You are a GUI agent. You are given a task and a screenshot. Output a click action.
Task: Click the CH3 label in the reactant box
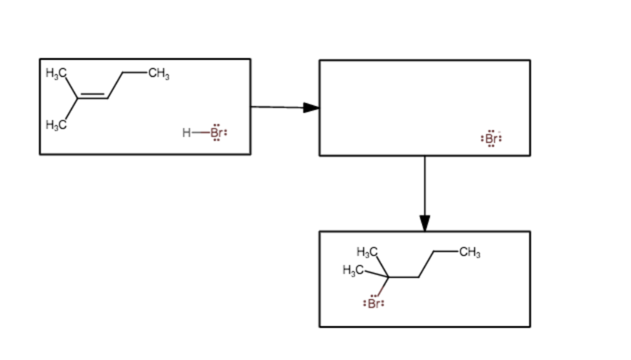pos(158,75)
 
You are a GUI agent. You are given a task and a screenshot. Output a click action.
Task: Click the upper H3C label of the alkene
pos(55,73)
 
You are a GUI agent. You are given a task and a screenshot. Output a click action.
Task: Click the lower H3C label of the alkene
pos(55,125)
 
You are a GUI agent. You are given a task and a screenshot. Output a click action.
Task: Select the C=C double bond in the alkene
pos(93,97)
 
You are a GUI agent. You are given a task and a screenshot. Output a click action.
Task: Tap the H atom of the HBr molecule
pos(186,133)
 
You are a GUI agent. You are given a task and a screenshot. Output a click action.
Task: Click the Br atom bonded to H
pos(216,133)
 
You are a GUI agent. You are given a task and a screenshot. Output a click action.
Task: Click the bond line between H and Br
pos(200,133)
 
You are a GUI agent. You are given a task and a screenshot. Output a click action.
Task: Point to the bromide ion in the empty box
pos(491,139)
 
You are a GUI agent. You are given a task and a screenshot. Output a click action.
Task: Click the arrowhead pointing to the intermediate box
pos(311,108)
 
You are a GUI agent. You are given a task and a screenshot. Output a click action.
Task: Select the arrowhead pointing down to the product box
pos(425,223)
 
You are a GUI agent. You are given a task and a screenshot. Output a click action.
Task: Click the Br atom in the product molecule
pos(375,303)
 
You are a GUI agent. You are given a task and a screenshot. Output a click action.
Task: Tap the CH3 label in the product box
pos(470,253)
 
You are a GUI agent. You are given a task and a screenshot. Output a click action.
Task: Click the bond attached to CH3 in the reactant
pos(134,73)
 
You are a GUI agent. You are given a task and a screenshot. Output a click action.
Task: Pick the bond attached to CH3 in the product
pos(446,251)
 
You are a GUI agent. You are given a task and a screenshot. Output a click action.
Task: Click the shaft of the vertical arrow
pos(425,185)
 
